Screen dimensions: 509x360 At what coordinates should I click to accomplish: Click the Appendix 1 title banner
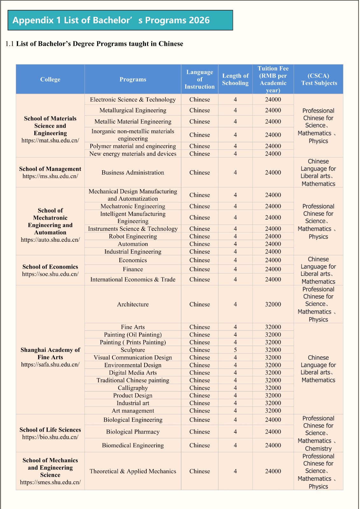coord(120,20)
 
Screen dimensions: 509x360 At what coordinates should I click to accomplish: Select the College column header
coord(50,80)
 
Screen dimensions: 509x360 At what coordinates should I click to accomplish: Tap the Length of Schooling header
coord(235,80)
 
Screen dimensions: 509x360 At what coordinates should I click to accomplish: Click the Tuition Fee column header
coord(273,80)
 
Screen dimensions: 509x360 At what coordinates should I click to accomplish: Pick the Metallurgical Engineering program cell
coord(133,110)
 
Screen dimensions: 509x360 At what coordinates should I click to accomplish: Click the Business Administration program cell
coord(133,172)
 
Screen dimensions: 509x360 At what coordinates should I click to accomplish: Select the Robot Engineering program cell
coord(133,236)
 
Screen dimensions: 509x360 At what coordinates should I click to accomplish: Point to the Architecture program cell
coord(133,304)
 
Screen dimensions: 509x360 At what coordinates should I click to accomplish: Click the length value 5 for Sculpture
coord(235,350)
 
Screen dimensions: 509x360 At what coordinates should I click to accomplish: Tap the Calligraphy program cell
coord(133,388)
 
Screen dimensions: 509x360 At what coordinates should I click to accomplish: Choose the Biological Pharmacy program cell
coord(133,432)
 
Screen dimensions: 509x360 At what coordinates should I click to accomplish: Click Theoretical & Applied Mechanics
coord(133,471)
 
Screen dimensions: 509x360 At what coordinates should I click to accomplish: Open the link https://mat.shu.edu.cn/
coord(50,140)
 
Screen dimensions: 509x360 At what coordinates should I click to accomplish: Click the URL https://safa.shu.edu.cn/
coord(50,365)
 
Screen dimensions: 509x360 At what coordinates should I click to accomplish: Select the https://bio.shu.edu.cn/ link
coord(50,437)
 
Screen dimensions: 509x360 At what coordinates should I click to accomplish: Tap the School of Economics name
coord(50,267)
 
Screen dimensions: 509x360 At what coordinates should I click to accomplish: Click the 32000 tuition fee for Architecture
coord(273,304)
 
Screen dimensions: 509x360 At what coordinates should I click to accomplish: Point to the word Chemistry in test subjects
coord(318,449)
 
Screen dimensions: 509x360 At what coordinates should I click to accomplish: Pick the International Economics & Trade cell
coord(133,279)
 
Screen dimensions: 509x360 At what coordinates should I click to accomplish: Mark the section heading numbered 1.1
coord(94,44)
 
